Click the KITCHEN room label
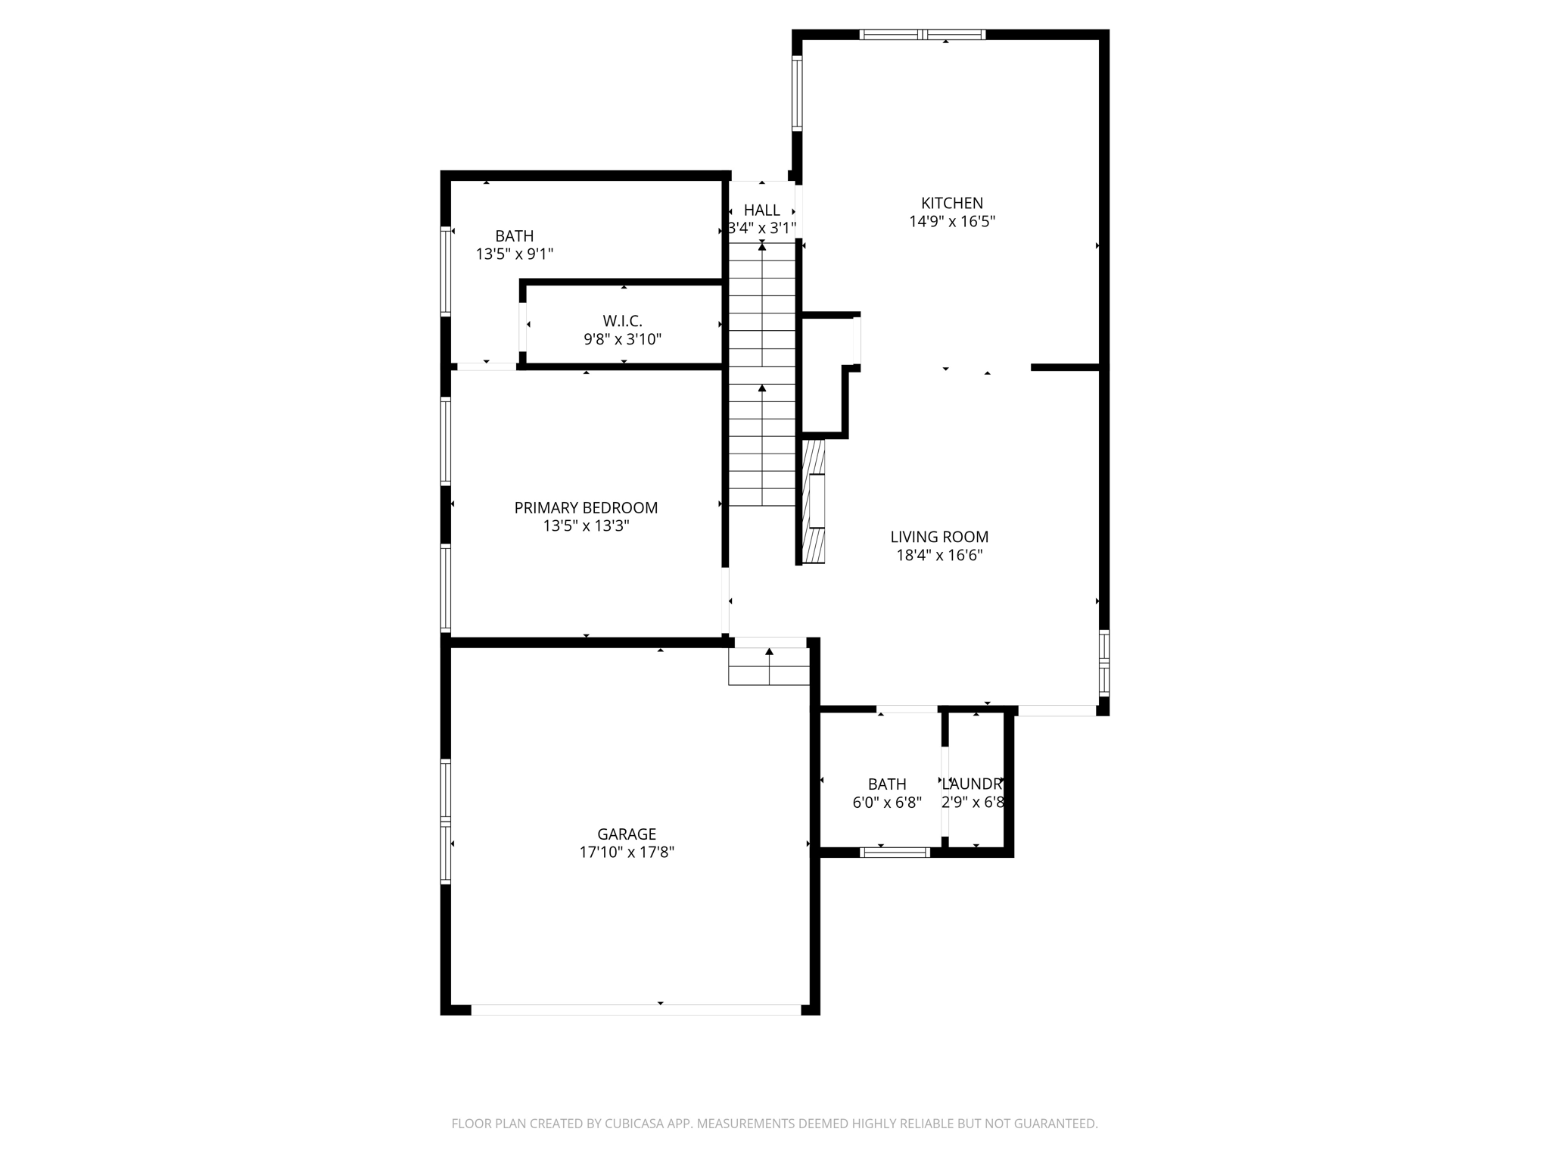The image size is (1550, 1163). click(951, 203)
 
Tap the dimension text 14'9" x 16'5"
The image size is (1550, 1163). click(951, 222)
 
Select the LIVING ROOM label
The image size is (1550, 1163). click(938, 537)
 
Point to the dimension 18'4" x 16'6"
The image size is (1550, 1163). click(938, 555)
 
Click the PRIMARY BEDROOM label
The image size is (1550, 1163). click(586, 507)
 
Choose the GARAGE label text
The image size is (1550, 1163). click(626, 834)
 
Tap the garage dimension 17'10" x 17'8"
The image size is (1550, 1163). click(626, 853)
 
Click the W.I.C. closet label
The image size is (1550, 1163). click(622, 321)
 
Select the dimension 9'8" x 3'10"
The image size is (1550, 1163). click(622, 339)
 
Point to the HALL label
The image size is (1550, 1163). click(761, 210)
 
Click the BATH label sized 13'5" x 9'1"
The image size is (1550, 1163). click(514, 235)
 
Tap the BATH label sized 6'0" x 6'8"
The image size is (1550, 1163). click(886, 784)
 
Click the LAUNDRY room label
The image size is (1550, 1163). click(973, 784)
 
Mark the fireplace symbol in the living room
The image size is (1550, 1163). click(814, 501)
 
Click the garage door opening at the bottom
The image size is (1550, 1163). click(636, 1009)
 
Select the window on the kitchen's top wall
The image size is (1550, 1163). click(922, 34)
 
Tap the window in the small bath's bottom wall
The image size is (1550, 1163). click(895, 853)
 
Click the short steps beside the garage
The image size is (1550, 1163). click(768, 666)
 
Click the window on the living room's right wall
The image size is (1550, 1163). click(1103, 663)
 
